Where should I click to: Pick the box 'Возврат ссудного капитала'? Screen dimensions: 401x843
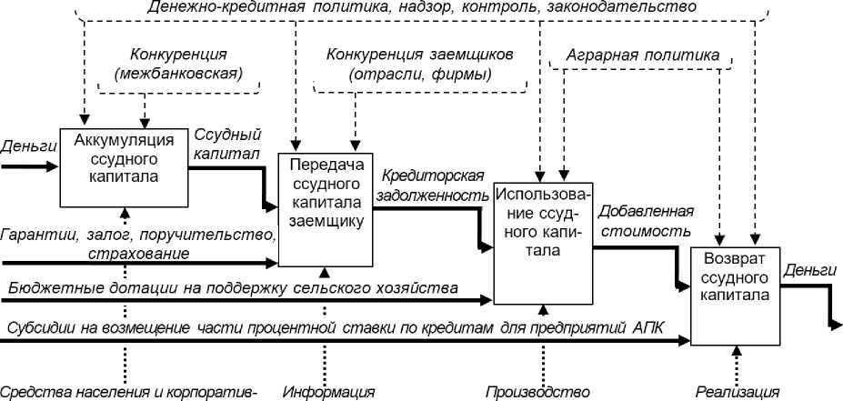point(735,276)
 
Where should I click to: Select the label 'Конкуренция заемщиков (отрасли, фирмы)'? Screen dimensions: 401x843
point(420,64)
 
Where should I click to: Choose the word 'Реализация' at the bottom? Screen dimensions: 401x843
point(738,392)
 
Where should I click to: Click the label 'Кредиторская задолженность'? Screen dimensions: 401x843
point(432,184)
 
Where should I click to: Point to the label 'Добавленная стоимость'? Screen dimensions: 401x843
point(645,221)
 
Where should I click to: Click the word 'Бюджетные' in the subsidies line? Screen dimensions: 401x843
point(49,288)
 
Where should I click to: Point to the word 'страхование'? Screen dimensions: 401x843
point(138,252)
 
